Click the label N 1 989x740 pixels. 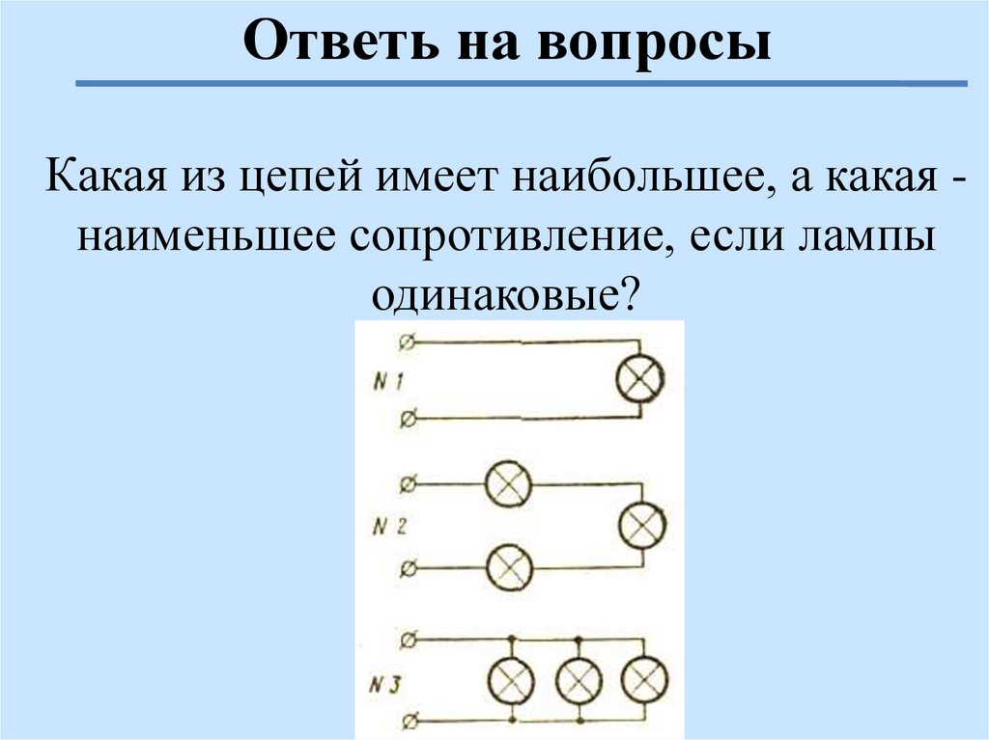pos(387,382)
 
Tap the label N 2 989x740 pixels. pos(387,529)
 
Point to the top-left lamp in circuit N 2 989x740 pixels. pos(508,483)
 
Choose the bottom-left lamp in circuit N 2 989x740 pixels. pos(508,567)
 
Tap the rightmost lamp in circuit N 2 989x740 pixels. pos(641,526)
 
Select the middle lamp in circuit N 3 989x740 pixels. pos(578,681)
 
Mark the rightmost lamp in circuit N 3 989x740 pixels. pos(643,681)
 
